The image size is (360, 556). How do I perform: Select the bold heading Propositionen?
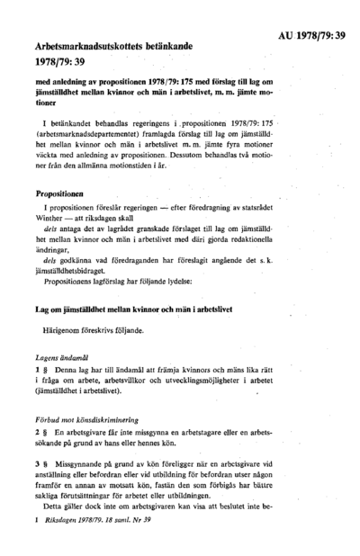tap(60, 193)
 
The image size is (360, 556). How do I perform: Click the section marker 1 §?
tap(39, 369)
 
